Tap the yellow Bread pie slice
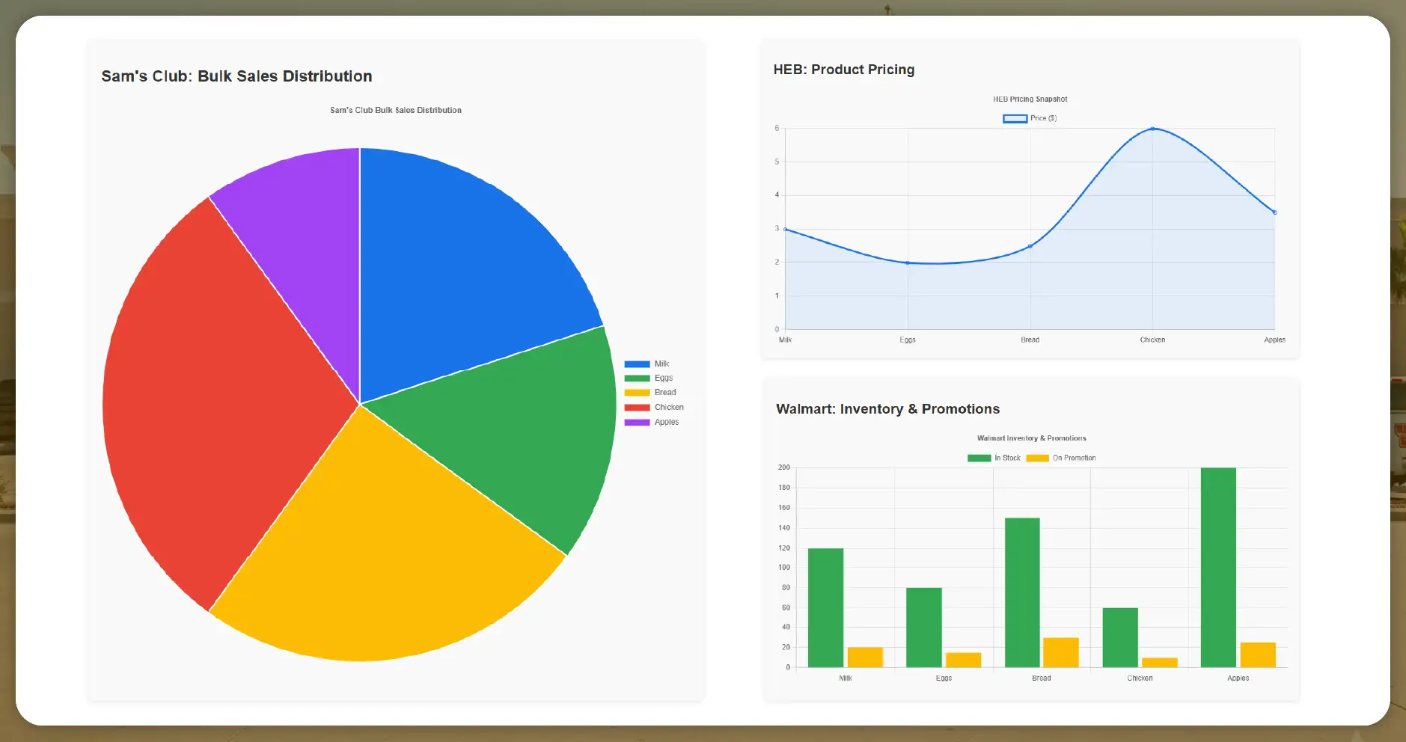click(x=382, y=554)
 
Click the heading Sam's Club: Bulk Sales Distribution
click(x=236, y=76)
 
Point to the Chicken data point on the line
click(x=1152, y=129)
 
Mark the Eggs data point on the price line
click(x=908, y=263)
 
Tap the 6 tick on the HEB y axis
click(x=777, y=129)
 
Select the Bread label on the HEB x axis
click(x=1030, y=340)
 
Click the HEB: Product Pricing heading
click(x=843, y=70)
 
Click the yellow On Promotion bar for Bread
click(x=1060, y=652)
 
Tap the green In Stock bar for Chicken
click(x=1120, y=637)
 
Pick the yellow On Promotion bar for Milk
click(x=865, y=657)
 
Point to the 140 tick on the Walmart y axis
click(x=784, y=528)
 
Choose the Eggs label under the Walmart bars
click(x=944, y=678)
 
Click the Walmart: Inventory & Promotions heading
click(x=887, y=409)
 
